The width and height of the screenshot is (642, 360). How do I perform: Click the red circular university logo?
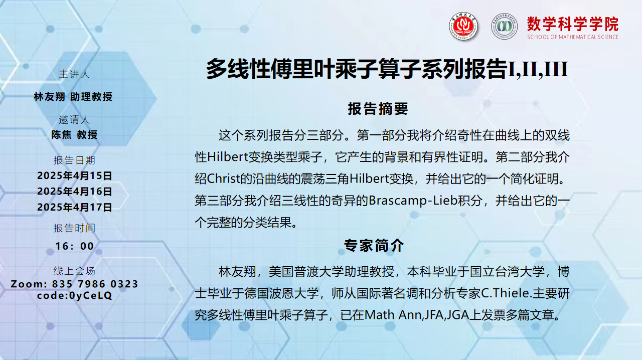pos(463,26)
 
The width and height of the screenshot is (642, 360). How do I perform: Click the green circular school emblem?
pos(504,26)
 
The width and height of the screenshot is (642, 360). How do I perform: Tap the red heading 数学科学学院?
pos(573,24)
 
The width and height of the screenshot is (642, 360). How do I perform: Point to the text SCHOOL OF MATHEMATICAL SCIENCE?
pos(573,37)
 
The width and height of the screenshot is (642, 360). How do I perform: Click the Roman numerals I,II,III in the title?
pos(538,69)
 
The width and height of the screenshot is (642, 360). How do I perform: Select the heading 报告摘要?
pos(378,109)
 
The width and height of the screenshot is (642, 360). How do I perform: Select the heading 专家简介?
pos(374,245)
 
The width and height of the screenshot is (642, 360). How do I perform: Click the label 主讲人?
pos(74,74)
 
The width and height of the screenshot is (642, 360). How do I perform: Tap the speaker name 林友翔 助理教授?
pos(73,97)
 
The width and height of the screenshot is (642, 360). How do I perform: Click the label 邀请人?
pos(74,119)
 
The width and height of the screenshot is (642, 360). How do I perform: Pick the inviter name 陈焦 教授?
pos(75,135)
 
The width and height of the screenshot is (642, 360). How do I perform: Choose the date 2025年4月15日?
pos(75,175)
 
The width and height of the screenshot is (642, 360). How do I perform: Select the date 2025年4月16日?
pos(75,192)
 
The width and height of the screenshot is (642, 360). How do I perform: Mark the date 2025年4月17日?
pos(75,207)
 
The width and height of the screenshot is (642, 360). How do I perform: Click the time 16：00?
pos(75,246)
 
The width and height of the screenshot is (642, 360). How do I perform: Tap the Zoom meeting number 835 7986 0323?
pos(95,284)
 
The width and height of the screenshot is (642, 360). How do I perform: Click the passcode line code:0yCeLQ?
pos(75,295)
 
